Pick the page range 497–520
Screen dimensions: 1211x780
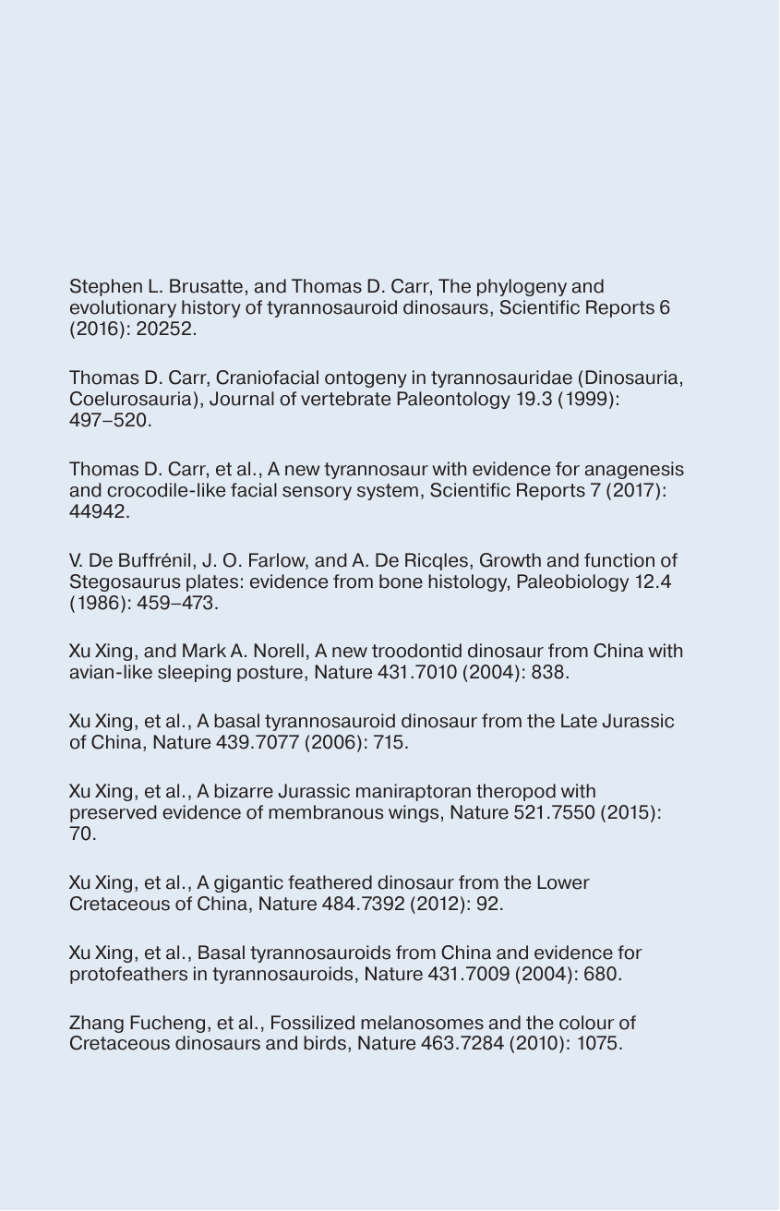(108, 421)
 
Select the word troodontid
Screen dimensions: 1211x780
(389, 652)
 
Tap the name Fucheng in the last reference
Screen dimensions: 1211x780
(162, 1024)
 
